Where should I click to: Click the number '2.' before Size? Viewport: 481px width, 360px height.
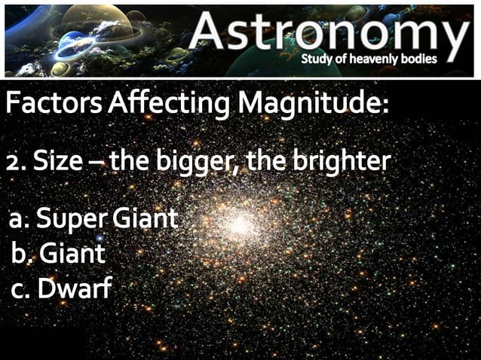tap(15, 161)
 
